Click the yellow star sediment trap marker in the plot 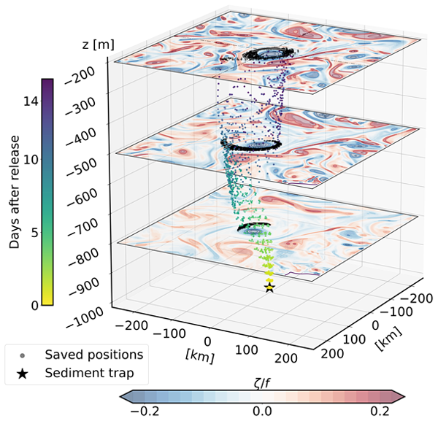[269, 288]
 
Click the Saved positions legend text [93, 355]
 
